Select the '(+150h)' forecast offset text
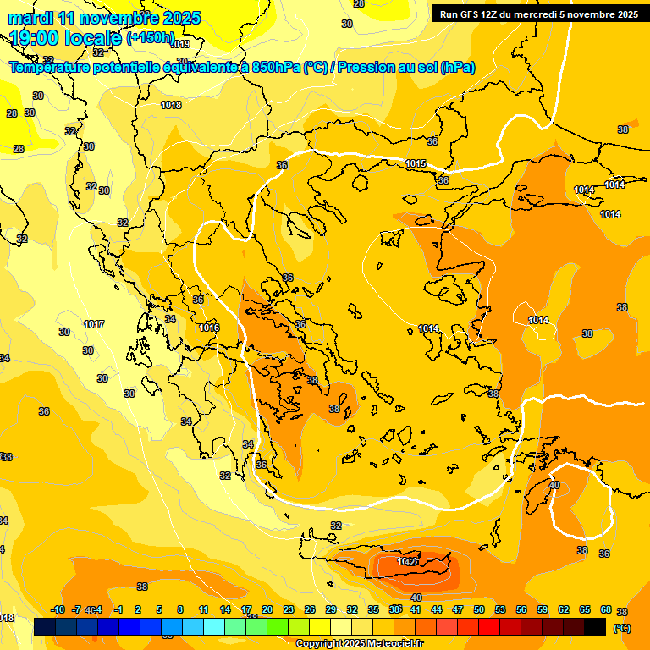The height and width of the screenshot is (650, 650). [x=150, y=38]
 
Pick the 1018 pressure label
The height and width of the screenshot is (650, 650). [x=171, y=105]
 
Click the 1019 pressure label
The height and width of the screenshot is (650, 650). [x=180, y=44]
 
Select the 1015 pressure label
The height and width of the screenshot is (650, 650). [x=416, y=163]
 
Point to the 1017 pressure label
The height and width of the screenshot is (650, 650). [x=94, y=324]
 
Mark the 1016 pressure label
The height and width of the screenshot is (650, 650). [x=209, y=328]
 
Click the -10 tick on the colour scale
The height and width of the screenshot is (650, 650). [x=58, y=609]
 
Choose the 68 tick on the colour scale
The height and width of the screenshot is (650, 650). [x=606, y=609]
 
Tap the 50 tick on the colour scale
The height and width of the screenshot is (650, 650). [x=479, y=609]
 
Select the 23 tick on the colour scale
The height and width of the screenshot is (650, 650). [x=289, y=609]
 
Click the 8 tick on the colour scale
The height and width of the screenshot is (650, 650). [x=180, y=609]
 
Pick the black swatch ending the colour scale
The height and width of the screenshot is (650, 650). [x=595, y=627]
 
